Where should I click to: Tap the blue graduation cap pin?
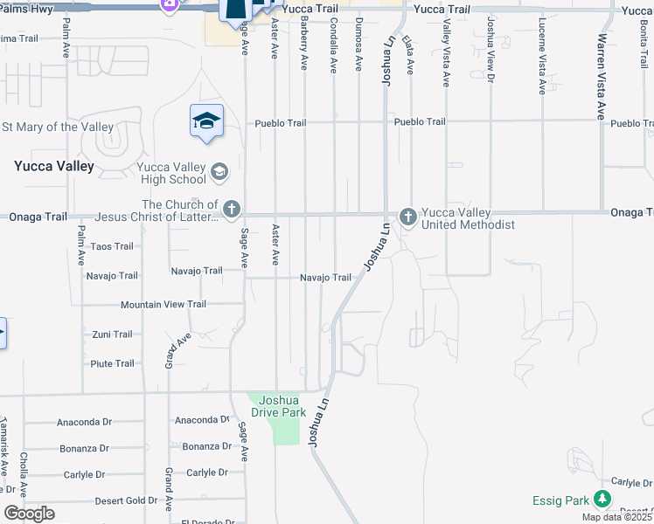pyautogui.click(x=206, y=121)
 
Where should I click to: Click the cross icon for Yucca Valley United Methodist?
pyautogui.click(x=407, y=216)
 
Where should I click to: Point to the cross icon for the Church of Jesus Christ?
pyautogui.click(x=231, y=209)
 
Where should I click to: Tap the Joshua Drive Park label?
pyautogui.click(x=278, y=405)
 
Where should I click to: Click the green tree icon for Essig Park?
pyautogui.click(x=602, y=500)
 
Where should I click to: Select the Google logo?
pyautogui.click(x=29, y=514)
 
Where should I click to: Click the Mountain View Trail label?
pyautogui.click(x=163, y=305)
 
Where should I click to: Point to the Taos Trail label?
pyautogui.click(x=112, y=247)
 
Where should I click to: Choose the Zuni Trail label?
pyautogui.click(x=113, y=334)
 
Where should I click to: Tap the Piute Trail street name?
pyautogui.click(x=113, y=363)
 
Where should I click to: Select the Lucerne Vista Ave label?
pyautogui.click(x=543, y=56)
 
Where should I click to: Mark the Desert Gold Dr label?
pyautogui.click(x=126, y=501)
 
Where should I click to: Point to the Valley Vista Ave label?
pyautogui.click(x=446, y=53)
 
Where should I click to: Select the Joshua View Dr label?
pyautogui.click(x=491, y=49)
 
